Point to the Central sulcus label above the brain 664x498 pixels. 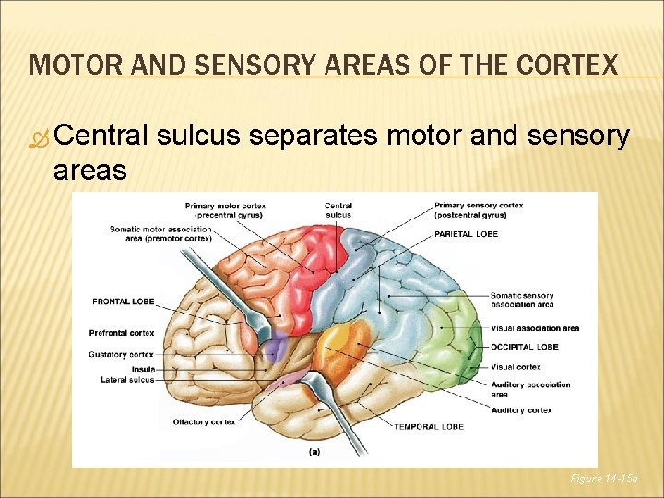tap(338, 209)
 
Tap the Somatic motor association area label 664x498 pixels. tap(160, 233)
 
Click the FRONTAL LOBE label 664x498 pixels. tap(124, 302)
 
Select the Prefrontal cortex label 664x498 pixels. tap(121, 332)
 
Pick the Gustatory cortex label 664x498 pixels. tap(121, 354)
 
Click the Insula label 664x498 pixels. tap(142, 369)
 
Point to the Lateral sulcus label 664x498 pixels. tap(127, 380)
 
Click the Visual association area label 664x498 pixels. tap(535, 328)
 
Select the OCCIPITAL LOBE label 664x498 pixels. tap(524, 347)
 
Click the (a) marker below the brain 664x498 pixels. tap(314, 452)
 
